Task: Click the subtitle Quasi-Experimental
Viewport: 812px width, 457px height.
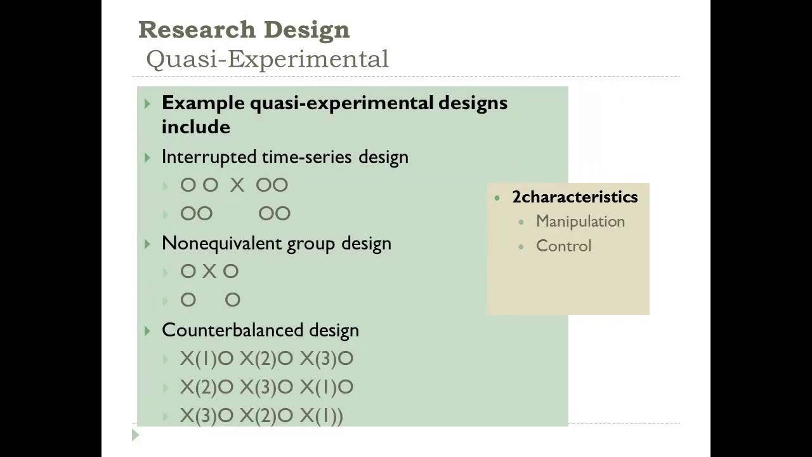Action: tap(267, 59)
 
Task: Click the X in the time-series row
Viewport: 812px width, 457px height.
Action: tap(237, 185)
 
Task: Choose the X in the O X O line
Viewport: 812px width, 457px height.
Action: tap(209, 272)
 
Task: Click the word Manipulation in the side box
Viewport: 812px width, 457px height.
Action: tap(580, 222)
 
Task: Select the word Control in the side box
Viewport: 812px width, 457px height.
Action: tap(563, 246)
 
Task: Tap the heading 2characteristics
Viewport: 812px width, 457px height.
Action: tap(575, 197)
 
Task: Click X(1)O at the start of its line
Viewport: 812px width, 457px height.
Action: tap(207, 359)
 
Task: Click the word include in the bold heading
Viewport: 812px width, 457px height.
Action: tap(195, 126)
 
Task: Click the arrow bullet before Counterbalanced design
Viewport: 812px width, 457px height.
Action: tap(148, 331)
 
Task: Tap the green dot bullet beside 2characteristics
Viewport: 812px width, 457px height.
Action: tap(497, 197)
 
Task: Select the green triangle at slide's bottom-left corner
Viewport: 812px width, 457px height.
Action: tap(135, 435)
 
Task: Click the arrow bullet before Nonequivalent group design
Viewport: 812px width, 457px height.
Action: tap(148, 244)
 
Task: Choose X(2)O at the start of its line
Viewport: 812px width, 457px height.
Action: tap(207, 387)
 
